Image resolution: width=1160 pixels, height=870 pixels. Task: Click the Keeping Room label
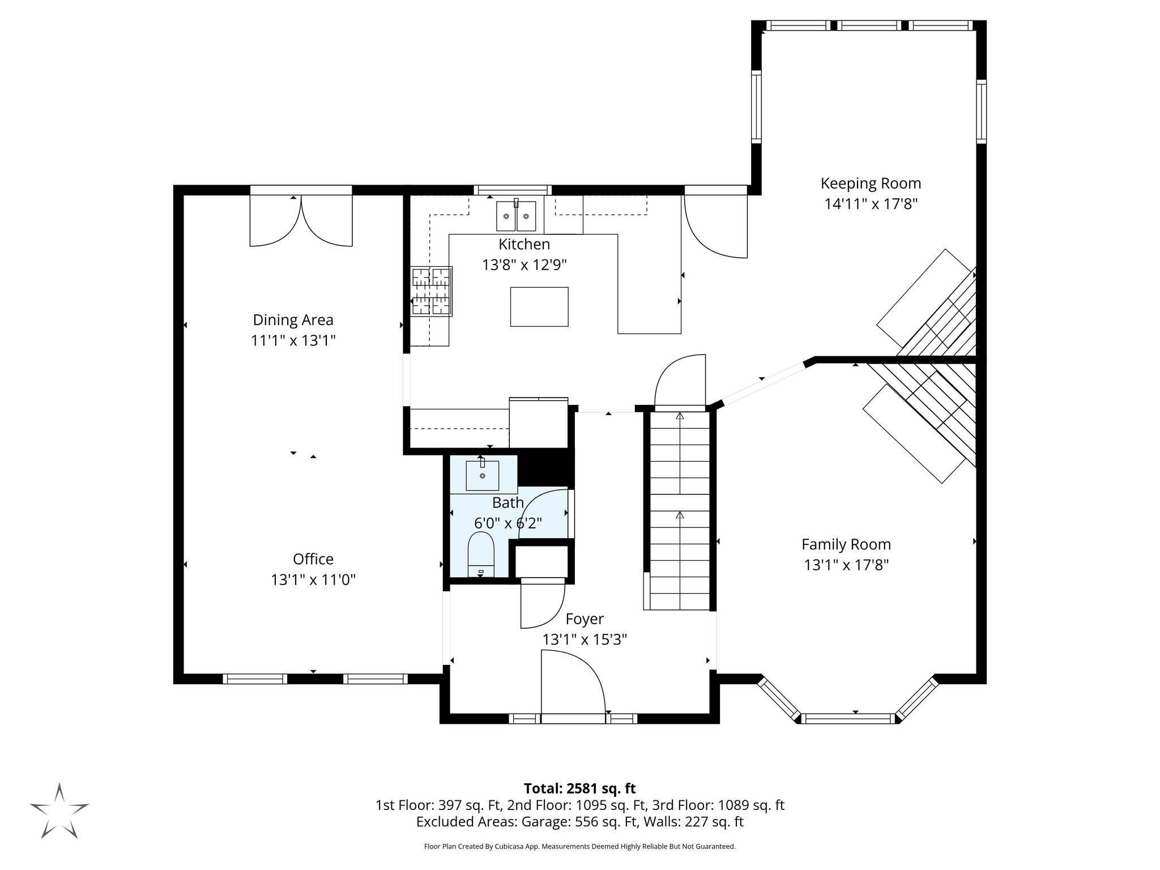871,184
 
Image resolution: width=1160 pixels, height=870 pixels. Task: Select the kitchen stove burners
432,291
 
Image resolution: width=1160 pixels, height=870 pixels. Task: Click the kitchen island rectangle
539,306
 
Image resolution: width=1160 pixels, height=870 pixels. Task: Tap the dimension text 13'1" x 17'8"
846,565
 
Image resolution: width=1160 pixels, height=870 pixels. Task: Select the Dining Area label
293,320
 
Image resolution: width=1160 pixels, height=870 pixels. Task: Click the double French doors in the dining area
301,220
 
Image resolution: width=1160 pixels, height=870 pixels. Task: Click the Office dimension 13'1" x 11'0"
313,580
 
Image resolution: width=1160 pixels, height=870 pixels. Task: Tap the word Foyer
585,619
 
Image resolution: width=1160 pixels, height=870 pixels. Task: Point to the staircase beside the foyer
679,510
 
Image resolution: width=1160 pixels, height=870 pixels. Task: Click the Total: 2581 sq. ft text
579,788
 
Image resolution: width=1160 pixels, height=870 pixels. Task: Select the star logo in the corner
59,811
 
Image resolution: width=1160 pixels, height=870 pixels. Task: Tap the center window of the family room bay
847,719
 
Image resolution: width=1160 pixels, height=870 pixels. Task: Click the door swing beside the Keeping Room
715,227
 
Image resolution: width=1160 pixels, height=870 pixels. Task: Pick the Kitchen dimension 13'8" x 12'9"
524,265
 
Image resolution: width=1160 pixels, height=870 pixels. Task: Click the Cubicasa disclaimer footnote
579,847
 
